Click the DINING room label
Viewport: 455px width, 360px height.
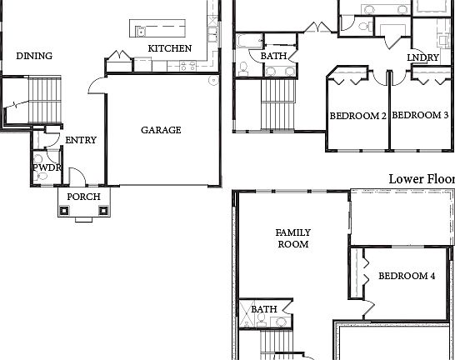tap(34, 57)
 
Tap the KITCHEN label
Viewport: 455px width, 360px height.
tap(170, 48)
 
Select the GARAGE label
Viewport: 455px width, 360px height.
tap(161, 130)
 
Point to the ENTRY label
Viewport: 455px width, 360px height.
tap(81, 141)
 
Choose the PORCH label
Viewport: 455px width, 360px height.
tap(83, 197)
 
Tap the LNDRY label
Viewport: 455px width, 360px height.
tap(422, 57)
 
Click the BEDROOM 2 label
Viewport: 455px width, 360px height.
tap(357, 116)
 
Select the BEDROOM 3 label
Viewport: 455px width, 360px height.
tap(420, 116)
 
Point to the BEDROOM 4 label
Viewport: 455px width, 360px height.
tap(407, 276)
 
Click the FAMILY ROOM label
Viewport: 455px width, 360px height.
tap(292, 238)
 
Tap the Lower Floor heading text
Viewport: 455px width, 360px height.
tap(421, 179)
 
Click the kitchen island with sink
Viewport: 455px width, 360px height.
tap(167, 30)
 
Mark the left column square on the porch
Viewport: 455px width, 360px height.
tap(65, 211)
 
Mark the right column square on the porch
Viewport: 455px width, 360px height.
tap(102, 211)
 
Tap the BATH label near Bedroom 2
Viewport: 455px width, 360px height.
tap(273, 57)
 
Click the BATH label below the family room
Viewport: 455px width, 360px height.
tap(264, 309)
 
